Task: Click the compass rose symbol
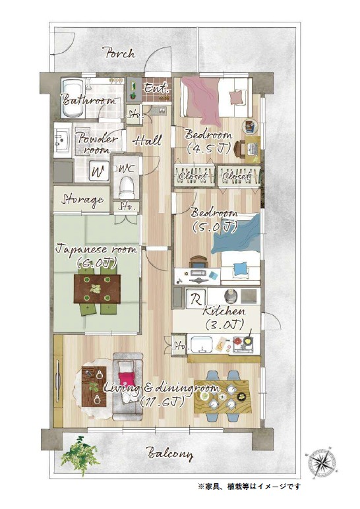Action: [322, 461]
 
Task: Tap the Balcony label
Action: [169, 454]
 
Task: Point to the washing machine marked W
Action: [98, 171]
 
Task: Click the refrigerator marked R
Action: [195, 298]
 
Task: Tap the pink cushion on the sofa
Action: [126, 378]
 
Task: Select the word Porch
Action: [118, 53]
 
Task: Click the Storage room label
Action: [82, 199]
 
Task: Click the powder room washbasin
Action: [62, 140]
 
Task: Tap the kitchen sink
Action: [202, 344]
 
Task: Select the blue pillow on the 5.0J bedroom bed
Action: [239, 268]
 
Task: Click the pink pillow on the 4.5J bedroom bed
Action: [236, 97]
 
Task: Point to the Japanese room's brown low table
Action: [98, 289]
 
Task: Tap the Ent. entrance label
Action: [156, 88]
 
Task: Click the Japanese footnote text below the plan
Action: [249, 487]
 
